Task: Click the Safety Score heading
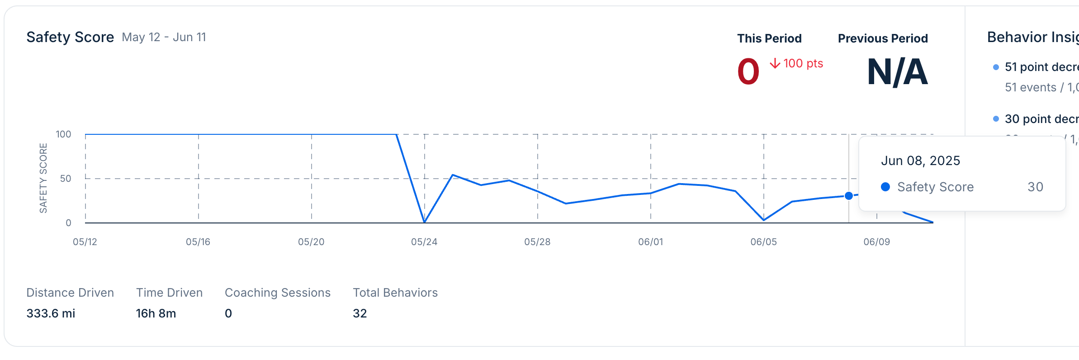coord(70,37)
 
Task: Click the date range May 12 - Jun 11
coord(164,37)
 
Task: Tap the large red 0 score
coord(748,72)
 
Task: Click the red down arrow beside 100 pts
coord(775,63)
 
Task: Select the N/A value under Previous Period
coord(897,72)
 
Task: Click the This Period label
coord(769,38)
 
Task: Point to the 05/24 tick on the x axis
coord(424,242)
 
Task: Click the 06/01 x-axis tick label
coord(650,242)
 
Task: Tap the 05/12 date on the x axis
coord(85,242)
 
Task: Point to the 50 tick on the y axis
coord(66,179)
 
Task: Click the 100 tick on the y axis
coord(63,134)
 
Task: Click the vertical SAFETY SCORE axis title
coord(43,178)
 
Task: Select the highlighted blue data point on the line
coord(849,196)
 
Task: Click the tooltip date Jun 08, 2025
coord(920,161)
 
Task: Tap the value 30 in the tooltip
coord(1035,187)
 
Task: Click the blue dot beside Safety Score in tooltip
coord(885,187)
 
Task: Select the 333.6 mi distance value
coord(51,313)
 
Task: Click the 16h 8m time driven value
coord(156,313)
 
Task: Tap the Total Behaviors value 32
coord(360,313)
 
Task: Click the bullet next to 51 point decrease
coord(996,67)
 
